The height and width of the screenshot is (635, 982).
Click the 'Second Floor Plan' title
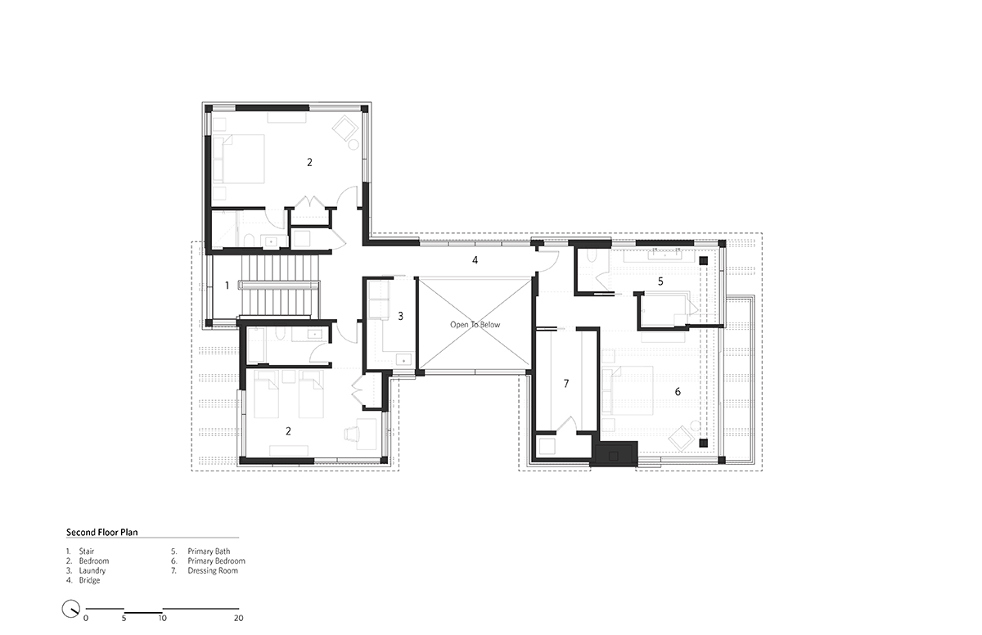101,532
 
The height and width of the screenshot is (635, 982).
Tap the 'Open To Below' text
475,325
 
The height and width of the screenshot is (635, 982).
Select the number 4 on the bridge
475,260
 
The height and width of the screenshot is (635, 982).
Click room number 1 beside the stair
227,286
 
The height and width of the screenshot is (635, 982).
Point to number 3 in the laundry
400,316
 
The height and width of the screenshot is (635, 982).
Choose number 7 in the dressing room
566,384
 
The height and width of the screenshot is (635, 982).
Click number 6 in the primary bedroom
678,392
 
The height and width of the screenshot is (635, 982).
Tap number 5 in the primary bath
660,281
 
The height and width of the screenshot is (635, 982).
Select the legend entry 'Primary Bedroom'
216,561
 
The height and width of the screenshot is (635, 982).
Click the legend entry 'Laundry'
92,570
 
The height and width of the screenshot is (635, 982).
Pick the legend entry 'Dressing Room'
213,570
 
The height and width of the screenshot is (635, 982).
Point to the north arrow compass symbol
70,608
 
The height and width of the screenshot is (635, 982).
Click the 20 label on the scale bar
238,619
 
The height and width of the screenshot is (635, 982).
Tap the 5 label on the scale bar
124,619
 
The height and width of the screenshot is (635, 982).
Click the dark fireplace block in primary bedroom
614,453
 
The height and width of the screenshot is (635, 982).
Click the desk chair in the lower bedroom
352,434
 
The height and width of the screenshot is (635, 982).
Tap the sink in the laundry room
403,360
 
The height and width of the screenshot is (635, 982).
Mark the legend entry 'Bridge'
89,580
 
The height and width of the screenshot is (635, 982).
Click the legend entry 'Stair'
87,552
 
